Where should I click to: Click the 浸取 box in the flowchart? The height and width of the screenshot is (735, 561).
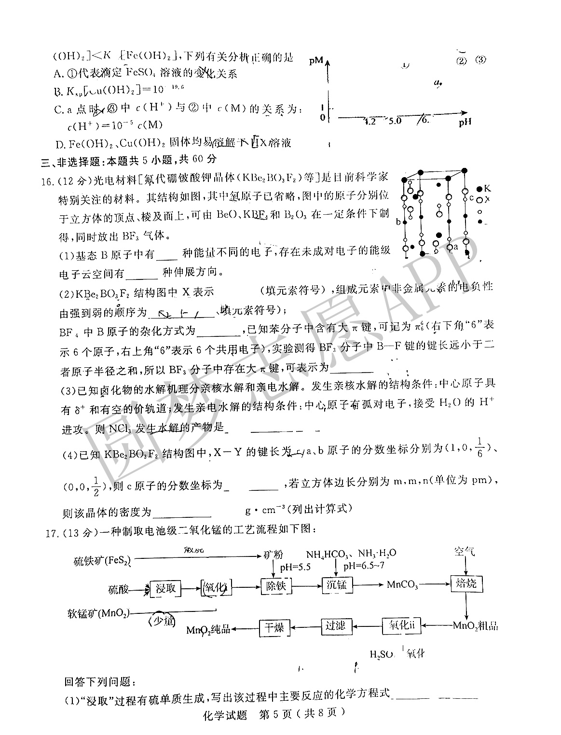click(166, 589)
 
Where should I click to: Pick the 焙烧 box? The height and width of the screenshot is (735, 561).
click(466, 584)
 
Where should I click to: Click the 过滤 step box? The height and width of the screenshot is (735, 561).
click(336, 626)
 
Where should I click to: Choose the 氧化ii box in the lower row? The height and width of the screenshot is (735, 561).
click(401, 625)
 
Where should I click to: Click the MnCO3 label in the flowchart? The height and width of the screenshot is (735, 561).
click(403, 585)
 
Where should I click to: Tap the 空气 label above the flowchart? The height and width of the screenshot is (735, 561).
click(464, 551)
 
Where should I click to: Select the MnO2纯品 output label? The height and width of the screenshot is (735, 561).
click(208, 629)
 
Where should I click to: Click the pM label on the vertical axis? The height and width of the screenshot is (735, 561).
click(316, 61)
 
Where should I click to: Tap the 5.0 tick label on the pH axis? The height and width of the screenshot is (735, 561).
click(395, 121)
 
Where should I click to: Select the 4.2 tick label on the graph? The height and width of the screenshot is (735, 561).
click(369, 122)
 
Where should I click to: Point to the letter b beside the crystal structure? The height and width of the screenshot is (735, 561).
click(398, 222)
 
